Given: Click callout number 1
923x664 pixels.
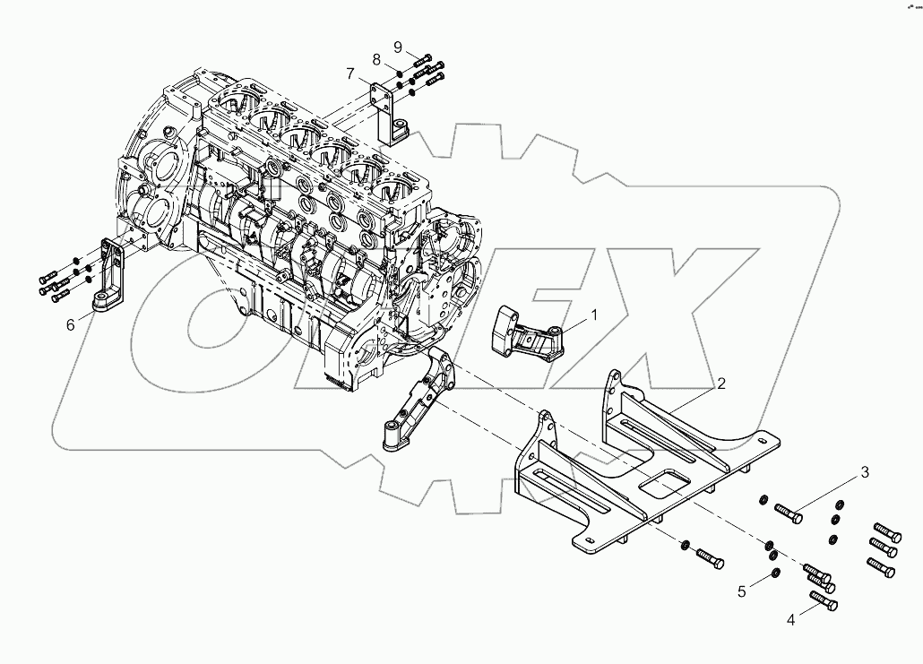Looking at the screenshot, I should (592, 316).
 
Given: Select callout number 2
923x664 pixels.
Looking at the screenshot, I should (720, 384).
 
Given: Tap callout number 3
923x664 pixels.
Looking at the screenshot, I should (865, 472).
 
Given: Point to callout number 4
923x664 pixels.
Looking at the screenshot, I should (791, 618).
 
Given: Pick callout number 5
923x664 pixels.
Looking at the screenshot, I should (742, 591).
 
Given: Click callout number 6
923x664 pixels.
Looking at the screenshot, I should (70, 324).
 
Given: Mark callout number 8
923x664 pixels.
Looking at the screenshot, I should (377, 59).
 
